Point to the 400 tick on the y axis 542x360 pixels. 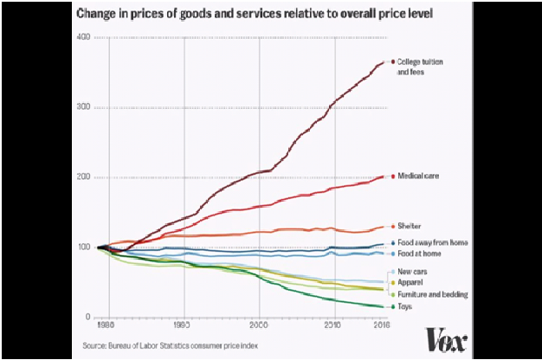(x=83, y=37)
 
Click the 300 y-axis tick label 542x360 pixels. (x=83, y=107)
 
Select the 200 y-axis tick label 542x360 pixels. (x=83, y=177)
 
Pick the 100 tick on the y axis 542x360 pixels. (x=83, y=247)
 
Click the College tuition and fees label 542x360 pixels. (x=420, y=67)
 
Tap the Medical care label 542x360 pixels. (x=420, y=177)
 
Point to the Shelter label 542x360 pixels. (x=410, y=227)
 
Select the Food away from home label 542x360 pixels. (x=429, y=243)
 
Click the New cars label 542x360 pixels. (x=412, y=273)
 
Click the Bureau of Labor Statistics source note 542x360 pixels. (x=171, y=345)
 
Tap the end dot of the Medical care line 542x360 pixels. (x=392, y=177)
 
